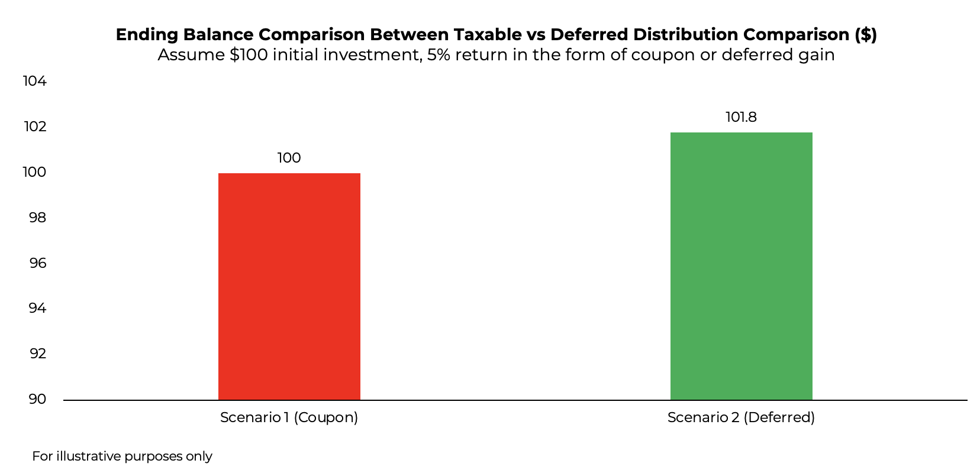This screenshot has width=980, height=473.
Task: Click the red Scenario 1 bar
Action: [x=289, y=286]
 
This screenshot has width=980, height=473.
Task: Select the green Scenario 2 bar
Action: [x=741, y=266]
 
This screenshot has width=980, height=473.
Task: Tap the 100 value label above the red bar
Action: [x=289, y=158]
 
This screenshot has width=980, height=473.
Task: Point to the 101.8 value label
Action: [x=741, y=117]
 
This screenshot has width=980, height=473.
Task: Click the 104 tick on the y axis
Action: [x=35, y=81]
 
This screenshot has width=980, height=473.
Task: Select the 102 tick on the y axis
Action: [x=35, y=127]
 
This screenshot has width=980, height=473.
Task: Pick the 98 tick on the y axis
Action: [x=37, y=218]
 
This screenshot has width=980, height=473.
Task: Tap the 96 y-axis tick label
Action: [x=37, y=263]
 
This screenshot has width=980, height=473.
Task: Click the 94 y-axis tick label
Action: [x=37, y=308]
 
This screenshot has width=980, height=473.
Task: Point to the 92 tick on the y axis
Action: [x=37, y=354]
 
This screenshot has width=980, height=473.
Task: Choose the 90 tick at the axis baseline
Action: [x=37, y=399]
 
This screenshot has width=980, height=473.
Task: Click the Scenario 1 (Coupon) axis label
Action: [x=289, y=417]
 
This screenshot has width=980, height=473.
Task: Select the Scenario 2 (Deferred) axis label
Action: [x=741, y=417]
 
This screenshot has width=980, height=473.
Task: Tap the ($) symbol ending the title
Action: [x=866, y=34]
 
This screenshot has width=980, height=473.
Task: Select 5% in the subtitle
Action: [x=439, y=55]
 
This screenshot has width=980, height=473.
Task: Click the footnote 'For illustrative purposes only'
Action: [x=122, y=456]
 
